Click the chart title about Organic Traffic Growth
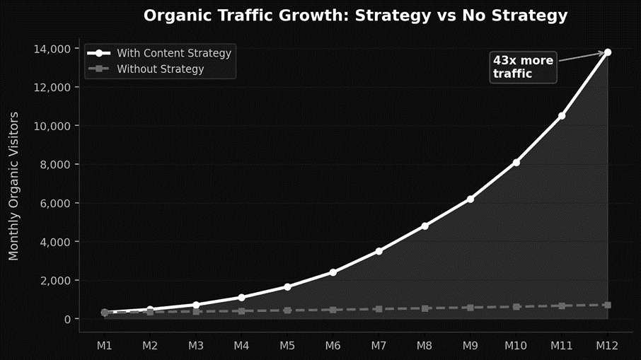[x=355, y=16]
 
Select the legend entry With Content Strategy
[x=173, y=53]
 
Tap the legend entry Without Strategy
[x=160, y=69]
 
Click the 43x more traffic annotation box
[x=523, y=66]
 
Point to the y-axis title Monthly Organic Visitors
[x=13, y=185]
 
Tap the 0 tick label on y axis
[x=67, y=320]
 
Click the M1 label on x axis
[x=105, y=345]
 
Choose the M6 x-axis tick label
[x=333, y=345]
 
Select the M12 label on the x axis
[x=608, y=345]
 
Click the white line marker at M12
[x=608, y=52]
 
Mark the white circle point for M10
[x=516, y=163]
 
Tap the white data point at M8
[x=425, y=226]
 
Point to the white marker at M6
[x=333, y=272]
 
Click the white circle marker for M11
[x=562, y=116]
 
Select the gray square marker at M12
[x=608, y=305]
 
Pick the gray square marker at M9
[x=470, y=308]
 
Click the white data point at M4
[x=242, y=298]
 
